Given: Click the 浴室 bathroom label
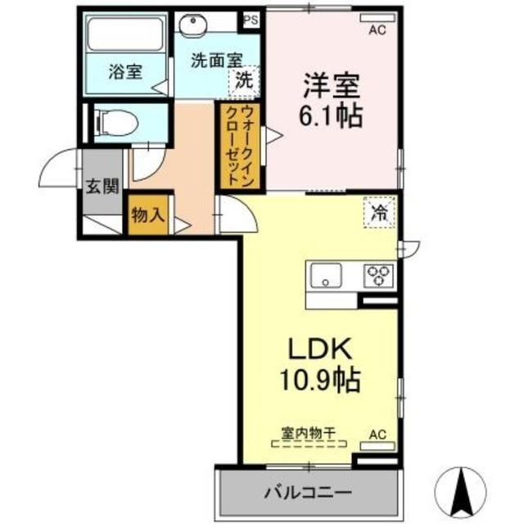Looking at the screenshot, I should click(124, 72).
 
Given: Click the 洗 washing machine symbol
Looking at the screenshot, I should click(243, 80).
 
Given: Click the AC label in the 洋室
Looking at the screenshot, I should click(377, 31).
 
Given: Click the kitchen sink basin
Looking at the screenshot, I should click(327, 274).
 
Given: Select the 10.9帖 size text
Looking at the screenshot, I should click(320, 381).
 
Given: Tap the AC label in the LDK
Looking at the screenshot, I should click(377, 433).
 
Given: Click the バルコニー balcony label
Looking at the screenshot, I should click(308, 493).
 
